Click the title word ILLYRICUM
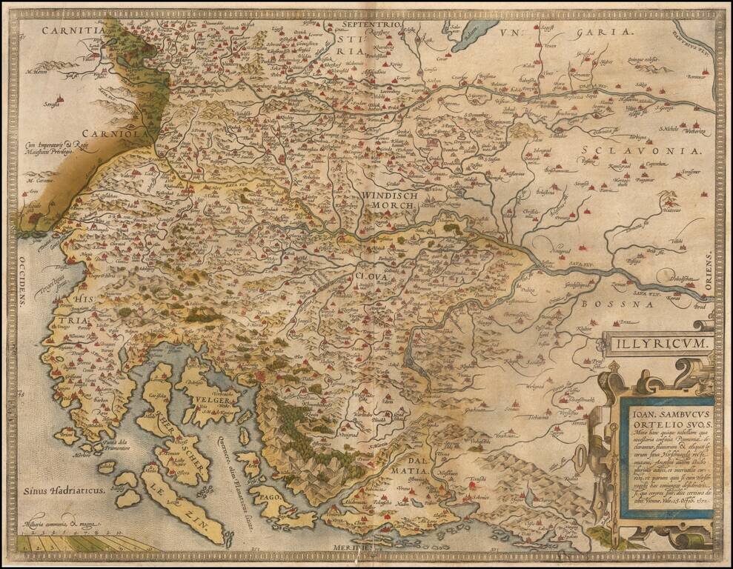point(657,345)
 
